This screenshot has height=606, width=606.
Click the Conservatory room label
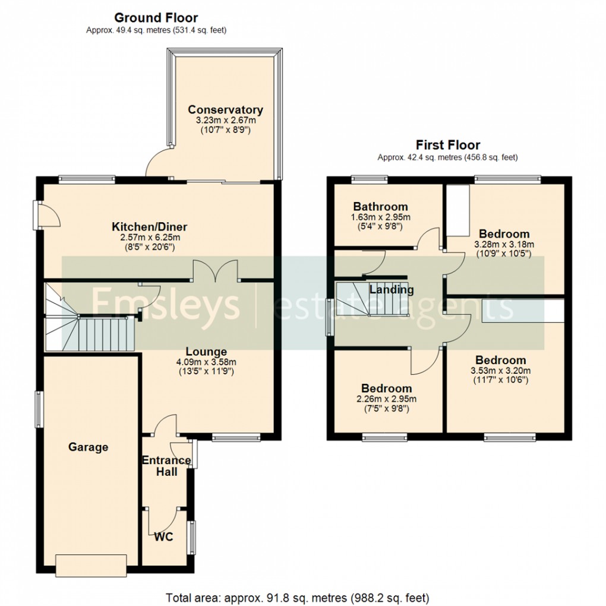pos(225,110)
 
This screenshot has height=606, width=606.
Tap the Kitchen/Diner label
pos(150,227)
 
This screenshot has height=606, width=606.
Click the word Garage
pos(88,447)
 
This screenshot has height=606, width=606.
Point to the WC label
pos(163,537)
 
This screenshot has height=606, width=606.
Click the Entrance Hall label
pos(166,466)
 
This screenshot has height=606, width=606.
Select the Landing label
pos(392,290)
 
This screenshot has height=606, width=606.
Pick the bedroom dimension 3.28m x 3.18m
pos(504,244)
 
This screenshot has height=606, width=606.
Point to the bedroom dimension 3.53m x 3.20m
pos(500,371)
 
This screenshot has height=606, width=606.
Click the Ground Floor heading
pos(156,18)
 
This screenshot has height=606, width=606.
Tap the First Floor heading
pos(448,145)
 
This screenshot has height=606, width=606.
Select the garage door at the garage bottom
pos(91,565)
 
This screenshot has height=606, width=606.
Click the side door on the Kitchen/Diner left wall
pos(47,214)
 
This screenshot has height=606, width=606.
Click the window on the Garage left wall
pos(37,408)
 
